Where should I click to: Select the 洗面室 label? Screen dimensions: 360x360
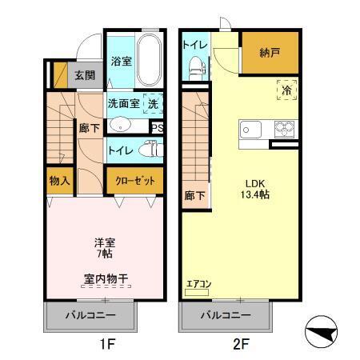tap(123, 103)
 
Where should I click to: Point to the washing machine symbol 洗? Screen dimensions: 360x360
tap(154, 103)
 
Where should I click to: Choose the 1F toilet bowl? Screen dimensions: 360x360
tap(146, 149)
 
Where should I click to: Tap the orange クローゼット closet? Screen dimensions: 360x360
tap(134, 181)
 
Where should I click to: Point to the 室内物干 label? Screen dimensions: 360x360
tap(106, 279)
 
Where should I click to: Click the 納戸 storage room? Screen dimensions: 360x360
tap(270, 53)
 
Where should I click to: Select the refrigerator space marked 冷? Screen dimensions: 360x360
tap(286, 90)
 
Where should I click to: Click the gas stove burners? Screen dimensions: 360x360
tap(283, 128)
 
